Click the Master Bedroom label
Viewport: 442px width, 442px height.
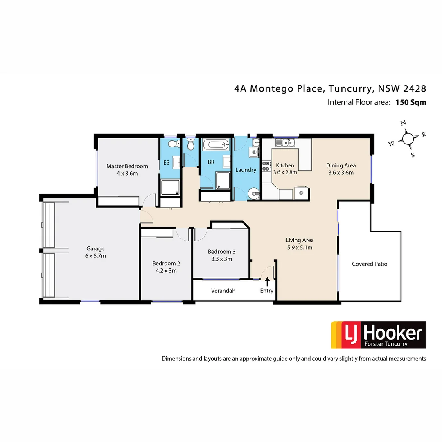click(127, 166)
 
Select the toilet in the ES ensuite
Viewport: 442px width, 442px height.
click(174, 144)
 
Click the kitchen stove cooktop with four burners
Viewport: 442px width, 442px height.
click(266, 166)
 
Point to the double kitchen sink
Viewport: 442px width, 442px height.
click(285, 143)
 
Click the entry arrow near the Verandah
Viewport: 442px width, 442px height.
click(267, 282)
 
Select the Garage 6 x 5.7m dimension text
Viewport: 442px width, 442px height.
click(95, 256)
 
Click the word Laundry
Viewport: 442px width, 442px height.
click(246, 170)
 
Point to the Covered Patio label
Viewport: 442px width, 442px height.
click(369, 264)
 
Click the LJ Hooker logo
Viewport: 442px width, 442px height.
click(378, 335)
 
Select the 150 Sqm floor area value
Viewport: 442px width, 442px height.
click(410, 102)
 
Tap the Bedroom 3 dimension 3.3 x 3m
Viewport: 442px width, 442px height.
click(221, 259)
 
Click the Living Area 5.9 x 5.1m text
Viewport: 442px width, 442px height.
click(299, 248)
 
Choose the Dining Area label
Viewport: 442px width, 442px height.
click(341, 165)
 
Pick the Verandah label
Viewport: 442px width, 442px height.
click(223, 291)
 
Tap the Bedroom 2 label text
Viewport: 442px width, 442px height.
click(166, 263)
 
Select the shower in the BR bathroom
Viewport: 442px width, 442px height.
click(223, 180)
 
